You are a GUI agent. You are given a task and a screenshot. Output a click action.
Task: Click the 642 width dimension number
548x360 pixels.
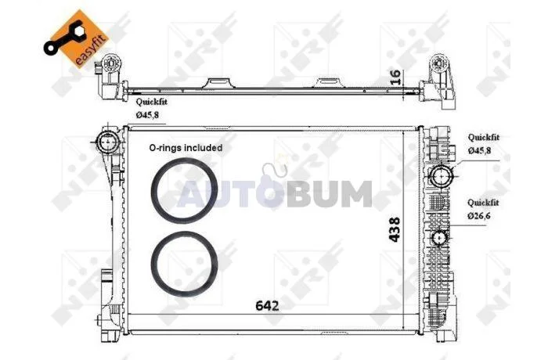(x=268, y=306)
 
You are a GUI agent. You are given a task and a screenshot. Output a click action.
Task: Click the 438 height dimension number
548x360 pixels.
(x=395, y=229)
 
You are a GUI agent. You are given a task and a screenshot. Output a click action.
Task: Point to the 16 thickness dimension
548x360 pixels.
(x=395, y=77)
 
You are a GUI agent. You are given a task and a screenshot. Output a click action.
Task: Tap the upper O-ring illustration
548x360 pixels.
(x=184, y=191)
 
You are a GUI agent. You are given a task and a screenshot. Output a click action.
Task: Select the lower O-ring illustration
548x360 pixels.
(x=184, y=265)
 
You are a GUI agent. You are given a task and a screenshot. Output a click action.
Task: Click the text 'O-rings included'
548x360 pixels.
(x=186, y=148)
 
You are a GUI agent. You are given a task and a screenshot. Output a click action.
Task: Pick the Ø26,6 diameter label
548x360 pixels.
(x=479, y=216)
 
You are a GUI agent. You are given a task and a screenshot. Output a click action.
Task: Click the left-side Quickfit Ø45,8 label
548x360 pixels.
(x=151, y=108)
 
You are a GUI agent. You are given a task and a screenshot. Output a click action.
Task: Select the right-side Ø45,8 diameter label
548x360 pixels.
(x=479, y=150)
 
